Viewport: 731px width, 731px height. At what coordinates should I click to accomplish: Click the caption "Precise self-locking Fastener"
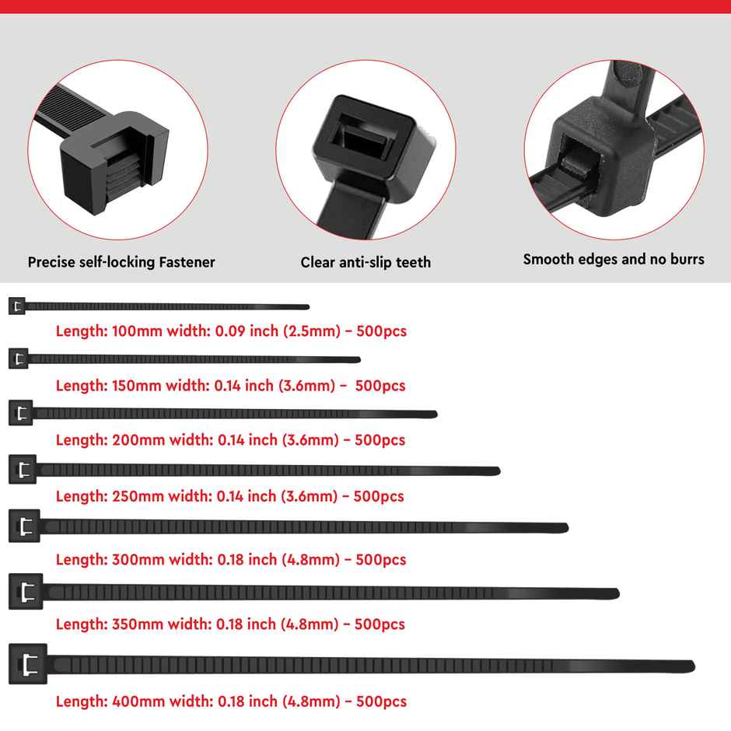tap(121, 262)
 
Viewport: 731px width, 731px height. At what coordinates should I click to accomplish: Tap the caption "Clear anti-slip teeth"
tap(365, 262)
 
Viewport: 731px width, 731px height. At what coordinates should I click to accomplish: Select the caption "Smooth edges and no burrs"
tap(614, 259)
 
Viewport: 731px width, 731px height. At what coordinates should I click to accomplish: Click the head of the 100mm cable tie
tap(17, 306)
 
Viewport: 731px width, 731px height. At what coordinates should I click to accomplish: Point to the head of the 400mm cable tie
tap(28, 664)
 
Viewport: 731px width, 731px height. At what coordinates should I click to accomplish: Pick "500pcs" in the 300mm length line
tap(380, 559)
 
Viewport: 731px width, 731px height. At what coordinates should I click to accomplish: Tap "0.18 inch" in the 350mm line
tap(246, 624)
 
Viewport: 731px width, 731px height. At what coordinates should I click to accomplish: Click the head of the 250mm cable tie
tap(23, 469)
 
